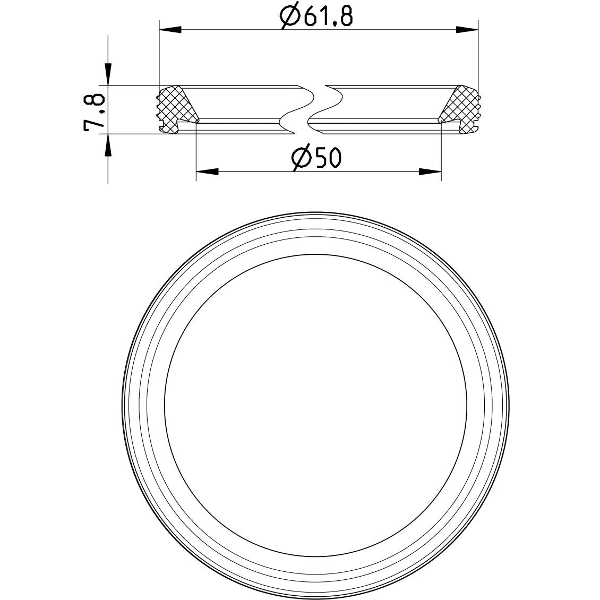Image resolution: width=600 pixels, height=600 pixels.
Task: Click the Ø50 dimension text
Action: click(x=316, y=158)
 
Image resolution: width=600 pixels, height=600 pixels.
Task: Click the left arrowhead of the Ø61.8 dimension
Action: click(x=170, y=29)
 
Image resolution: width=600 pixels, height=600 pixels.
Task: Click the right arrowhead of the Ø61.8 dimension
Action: click(x=467, y=29)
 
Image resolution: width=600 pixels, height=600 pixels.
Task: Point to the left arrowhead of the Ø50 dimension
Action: click(x=207, y=172)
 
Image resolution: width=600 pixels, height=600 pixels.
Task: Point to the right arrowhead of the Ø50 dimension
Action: click(x=430, y=172)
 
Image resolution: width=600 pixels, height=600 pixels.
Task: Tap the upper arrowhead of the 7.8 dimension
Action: click(x=108, y=74)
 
